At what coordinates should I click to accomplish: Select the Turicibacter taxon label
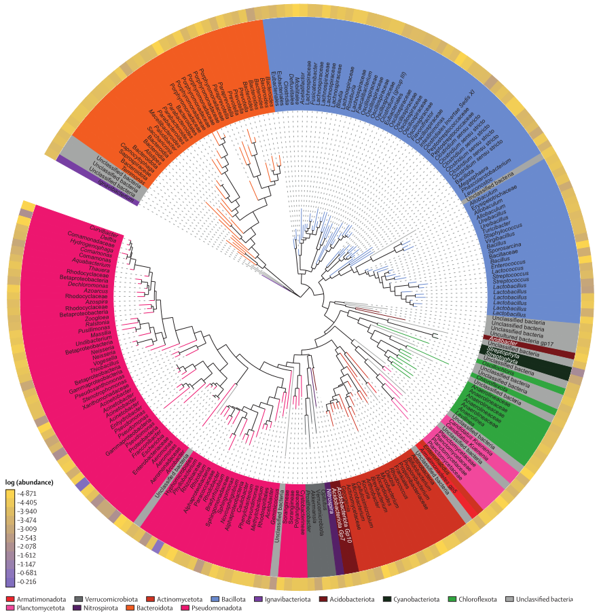[x=498, y=226]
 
